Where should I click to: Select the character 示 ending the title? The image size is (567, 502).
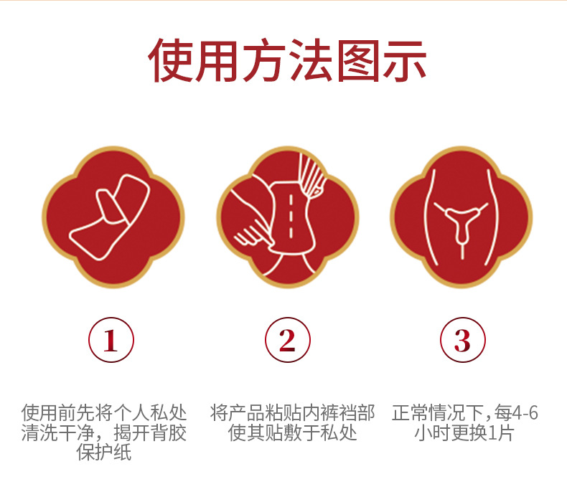tap(405, 60)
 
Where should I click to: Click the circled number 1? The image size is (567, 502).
tap(111, 340)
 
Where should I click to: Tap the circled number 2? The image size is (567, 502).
tap(288, 340)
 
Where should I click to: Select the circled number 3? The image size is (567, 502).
tap(462, 340)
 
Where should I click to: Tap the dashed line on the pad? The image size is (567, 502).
tap(291, 216)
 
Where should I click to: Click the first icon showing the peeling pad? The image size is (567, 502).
tap(113, 217)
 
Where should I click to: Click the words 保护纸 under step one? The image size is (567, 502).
tap(104, 452)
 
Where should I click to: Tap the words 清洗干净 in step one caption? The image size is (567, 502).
tap(57, 432)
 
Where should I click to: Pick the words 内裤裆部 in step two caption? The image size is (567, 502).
tap(339, 413)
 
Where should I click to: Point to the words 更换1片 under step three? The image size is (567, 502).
tap(482, 432)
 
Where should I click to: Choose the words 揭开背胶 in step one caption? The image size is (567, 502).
tap(150, 432)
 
